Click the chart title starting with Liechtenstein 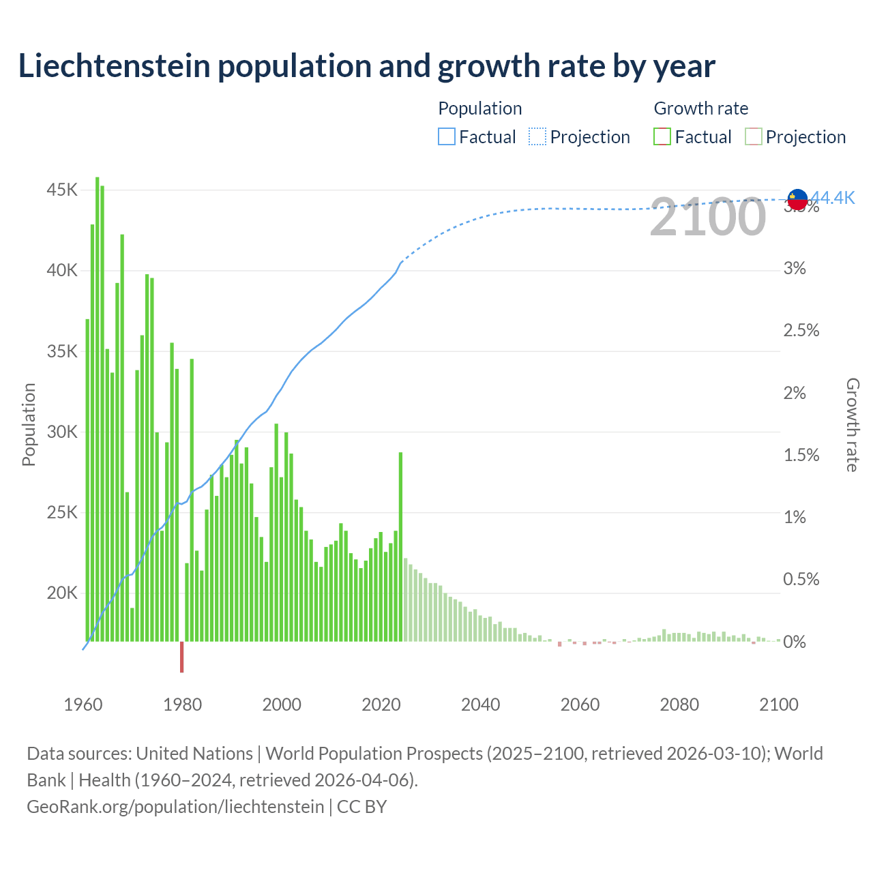coord(366,66)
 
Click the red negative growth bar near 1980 coord(181,657)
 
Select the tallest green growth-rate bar coord(97,409)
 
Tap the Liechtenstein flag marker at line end coord(797,199)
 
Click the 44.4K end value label coord(833,198)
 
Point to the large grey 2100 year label coord(707,218)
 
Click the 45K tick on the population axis coord(62,190)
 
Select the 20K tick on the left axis coord(62,593)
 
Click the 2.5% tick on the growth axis coord(801,331)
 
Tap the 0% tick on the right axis coord(795,642)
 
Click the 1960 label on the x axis coord(83,705)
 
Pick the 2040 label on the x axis coord(480,705)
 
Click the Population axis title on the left coord(29,424)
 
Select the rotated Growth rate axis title coord(852,424)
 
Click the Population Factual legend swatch coord(446,137)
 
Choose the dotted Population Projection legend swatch coord(537,137)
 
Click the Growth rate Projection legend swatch coord(753,137)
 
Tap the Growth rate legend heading coord(700,108)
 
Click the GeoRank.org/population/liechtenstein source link coord(175,806)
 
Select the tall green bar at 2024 coord(400,546)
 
